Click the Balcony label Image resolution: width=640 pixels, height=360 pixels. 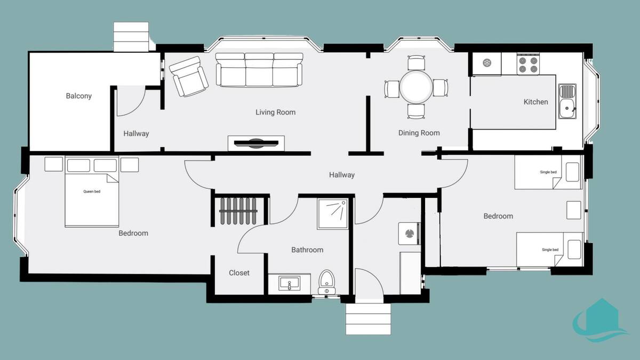pos(78,96)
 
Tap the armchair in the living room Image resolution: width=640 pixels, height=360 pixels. pos(189,76)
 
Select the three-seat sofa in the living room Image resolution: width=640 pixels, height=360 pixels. pos(259,69)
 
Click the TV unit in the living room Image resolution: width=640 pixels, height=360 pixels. pos(256,143)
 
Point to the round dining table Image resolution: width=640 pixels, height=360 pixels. pos(416,86)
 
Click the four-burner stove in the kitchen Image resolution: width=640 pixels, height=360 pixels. pos(528,65)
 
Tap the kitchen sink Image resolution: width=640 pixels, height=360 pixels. pos(567,101)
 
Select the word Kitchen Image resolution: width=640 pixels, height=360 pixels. pos(535,102)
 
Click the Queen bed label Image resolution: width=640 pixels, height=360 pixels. pos(92,191)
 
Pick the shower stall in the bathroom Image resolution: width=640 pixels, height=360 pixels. pos(333,214)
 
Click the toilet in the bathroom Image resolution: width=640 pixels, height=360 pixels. pos(327,282)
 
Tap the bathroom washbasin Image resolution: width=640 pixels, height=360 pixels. pos(289,283)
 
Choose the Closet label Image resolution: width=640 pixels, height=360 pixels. pos(239,273)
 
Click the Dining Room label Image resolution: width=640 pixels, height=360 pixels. pos(419,133)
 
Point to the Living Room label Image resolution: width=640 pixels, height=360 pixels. pos(275,113)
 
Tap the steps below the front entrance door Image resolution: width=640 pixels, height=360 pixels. pos(369,319)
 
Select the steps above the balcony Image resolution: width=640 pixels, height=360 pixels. pos(131,37)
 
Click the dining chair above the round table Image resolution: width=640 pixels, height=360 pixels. pos(416,62)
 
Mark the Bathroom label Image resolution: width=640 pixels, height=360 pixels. pos(307,250)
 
